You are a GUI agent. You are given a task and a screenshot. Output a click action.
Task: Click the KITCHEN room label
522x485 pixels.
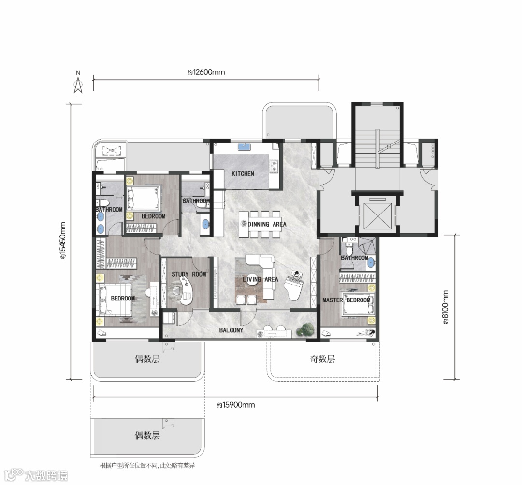tap(243, 173)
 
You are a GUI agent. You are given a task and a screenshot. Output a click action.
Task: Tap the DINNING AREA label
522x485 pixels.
tap(267, 224)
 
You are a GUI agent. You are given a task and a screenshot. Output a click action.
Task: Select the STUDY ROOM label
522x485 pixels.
tap(189, 274)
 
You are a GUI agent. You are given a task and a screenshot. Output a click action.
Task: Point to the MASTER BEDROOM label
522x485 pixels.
tap(346, 300)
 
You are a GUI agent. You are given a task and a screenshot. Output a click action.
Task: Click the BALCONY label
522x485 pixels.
tap(231, 330)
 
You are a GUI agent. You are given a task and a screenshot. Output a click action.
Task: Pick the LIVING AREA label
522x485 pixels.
tap(261, 279)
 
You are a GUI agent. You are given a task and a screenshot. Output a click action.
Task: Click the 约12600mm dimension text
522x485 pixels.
tap(206, 72)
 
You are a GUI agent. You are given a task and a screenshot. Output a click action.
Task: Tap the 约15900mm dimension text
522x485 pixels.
tap(236, 405)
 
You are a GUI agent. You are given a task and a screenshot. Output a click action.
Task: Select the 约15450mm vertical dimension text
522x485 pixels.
tap(63, 241)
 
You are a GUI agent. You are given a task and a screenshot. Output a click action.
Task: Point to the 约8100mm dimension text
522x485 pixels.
tap(446, 307)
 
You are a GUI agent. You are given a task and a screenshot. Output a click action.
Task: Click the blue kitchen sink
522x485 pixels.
tap(244, 147)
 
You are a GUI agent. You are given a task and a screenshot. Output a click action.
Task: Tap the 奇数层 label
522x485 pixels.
tap(322, 359)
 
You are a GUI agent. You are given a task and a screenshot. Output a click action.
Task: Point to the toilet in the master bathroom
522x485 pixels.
tap(349, 248)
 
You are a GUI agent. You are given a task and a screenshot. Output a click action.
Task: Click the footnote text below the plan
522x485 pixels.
tap(147, 465)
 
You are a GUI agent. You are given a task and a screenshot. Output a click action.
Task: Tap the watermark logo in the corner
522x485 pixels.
tap(36, 475)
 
